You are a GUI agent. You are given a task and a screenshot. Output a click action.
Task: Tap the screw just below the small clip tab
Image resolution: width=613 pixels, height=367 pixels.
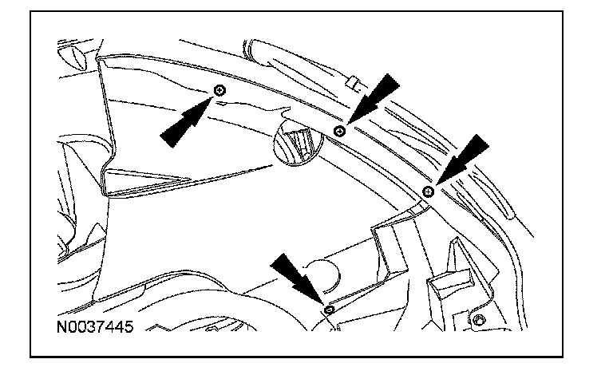(x=340, y=130)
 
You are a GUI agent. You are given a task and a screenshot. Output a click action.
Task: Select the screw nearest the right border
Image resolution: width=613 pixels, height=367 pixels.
(x=429, y=191)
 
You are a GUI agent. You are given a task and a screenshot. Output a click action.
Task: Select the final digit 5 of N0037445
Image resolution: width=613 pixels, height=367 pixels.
(x=128, y=326)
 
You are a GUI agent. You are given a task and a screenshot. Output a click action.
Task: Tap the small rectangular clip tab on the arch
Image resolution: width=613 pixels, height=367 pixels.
(x=352, y=81)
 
